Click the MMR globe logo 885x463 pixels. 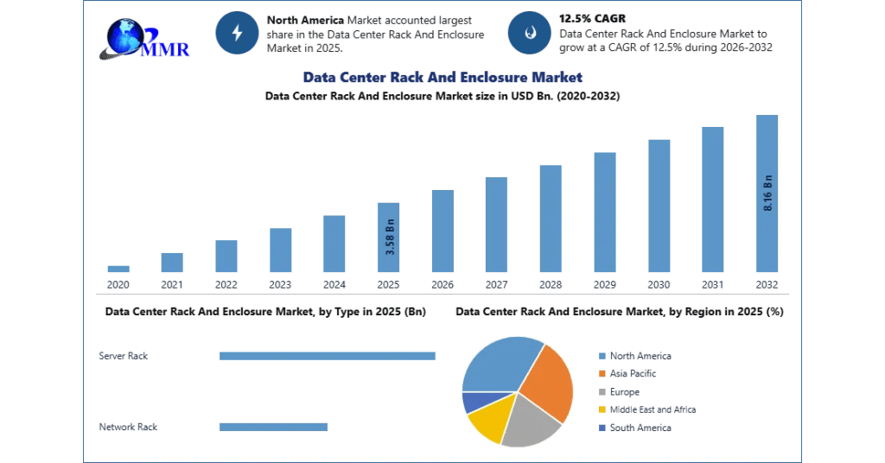144,39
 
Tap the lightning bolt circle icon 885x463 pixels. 237,33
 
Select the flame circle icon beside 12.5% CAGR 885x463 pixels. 530,33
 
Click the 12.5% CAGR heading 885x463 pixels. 592,19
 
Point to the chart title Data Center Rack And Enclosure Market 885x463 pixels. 442,77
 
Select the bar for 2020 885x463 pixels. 118,269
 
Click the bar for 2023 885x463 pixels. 281,251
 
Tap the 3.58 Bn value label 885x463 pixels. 390,237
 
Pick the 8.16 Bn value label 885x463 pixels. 767,193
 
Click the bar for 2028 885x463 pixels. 551,219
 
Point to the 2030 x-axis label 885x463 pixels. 659,285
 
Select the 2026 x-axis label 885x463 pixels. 442,285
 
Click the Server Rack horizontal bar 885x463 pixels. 328,356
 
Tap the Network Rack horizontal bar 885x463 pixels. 273,427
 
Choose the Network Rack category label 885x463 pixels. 128,427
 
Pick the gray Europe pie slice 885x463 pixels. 530,422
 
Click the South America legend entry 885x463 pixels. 635,428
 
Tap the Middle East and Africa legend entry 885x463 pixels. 647,409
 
